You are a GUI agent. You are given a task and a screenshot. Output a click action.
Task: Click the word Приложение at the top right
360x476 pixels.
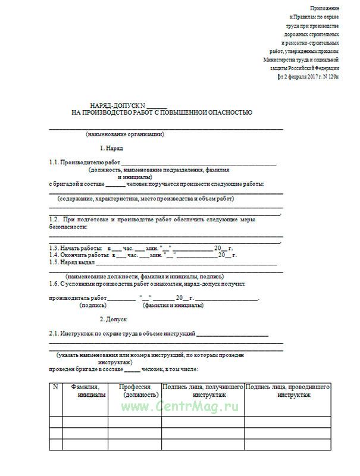(x=324, y=8)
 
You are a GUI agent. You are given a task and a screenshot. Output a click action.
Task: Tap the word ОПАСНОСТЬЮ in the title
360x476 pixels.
(x=224, y=112)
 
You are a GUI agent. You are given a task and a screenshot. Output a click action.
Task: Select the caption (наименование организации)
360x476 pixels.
(x=124, y=134)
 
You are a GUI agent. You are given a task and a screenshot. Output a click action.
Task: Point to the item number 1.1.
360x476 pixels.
(x=55, y=162)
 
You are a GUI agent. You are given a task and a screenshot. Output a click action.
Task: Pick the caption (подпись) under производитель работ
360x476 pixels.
(x=93, y=305)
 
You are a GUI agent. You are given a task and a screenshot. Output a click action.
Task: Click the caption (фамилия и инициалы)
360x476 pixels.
(x=173, y=305)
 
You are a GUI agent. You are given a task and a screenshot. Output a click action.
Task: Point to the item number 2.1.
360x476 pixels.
(x=54, y=334)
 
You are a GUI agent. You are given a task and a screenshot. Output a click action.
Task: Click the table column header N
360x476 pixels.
(x=55, y=387)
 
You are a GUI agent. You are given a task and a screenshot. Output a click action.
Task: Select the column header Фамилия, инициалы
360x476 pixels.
(x=84, y=390)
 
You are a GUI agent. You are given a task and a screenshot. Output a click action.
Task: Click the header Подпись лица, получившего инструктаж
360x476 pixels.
(x=203, y=390)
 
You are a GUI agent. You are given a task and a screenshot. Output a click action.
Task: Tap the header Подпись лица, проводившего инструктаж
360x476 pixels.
(x=287, y=390)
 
